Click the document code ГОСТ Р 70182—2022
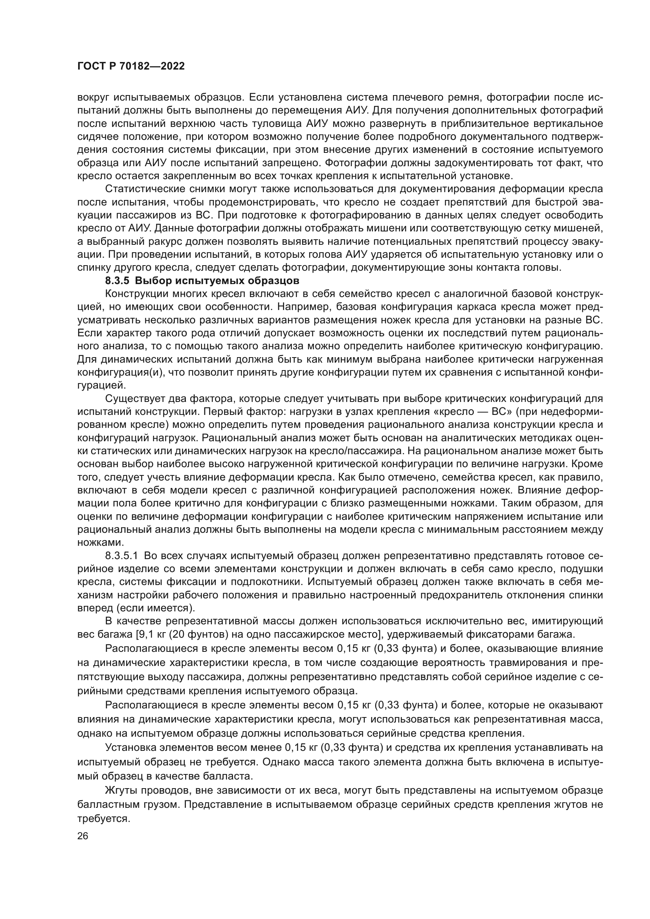[131, 66]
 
